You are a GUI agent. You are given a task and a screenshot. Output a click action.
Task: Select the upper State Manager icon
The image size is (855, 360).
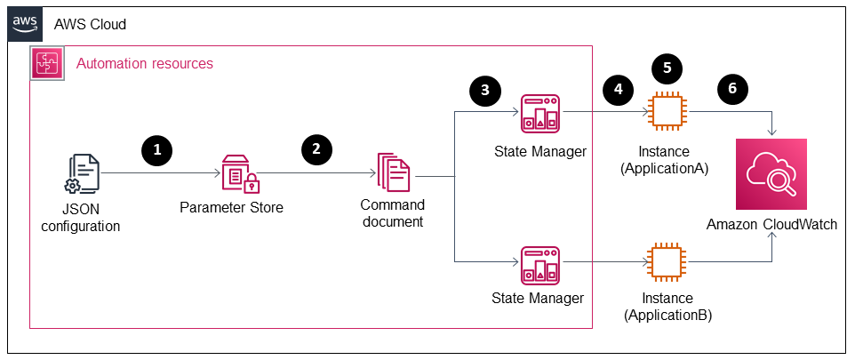point(539,113)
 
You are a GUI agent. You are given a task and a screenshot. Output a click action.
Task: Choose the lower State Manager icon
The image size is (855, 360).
point(539,264)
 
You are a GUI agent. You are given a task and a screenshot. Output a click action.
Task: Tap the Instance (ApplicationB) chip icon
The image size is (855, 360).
point(668,264)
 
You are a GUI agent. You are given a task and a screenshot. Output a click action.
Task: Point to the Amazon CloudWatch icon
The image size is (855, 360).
point(771,173)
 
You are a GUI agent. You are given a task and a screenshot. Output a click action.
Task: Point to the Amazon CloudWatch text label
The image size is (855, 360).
point(771,224)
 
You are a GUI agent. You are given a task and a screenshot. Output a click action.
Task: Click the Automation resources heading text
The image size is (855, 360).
point(145,64)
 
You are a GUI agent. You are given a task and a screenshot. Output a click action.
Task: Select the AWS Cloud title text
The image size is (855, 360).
point(91,24)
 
